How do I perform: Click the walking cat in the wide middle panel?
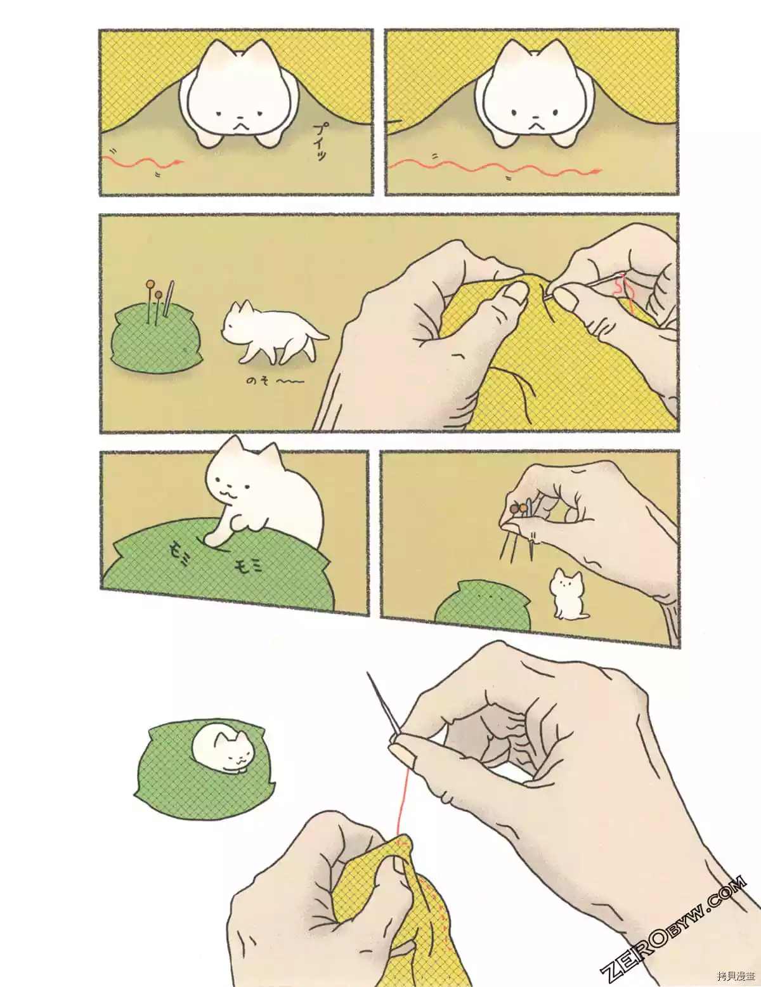270,332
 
